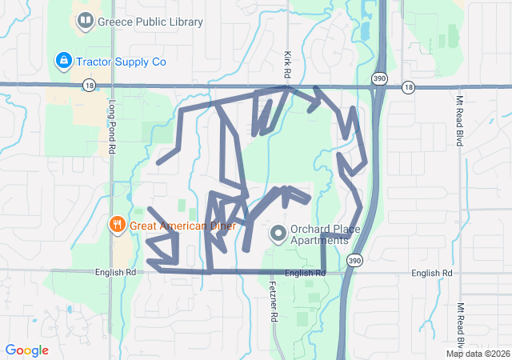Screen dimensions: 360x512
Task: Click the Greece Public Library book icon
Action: pos(84,21)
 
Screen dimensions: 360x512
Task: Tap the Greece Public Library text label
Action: pos(150,22)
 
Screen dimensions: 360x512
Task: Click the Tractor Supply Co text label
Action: pos(121,61)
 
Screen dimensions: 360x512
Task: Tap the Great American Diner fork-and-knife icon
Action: pos(118,225)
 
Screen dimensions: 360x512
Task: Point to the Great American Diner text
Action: pos(182,226)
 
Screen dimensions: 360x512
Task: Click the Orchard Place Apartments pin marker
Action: pos(278,234)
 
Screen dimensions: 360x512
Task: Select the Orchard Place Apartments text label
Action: pos(319,234)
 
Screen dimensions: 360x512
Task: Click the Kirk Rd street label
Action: pos(287,65)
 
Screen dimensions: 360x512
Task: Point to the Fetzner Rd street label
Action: pos(273,301)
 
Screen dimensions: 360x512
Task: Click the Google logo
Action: pos(26,350)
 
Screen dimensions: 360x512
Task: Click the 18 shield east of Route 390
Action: pos(409,86)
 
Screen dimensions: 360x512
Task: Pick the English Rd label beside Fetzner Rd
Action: pos(305,274)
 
